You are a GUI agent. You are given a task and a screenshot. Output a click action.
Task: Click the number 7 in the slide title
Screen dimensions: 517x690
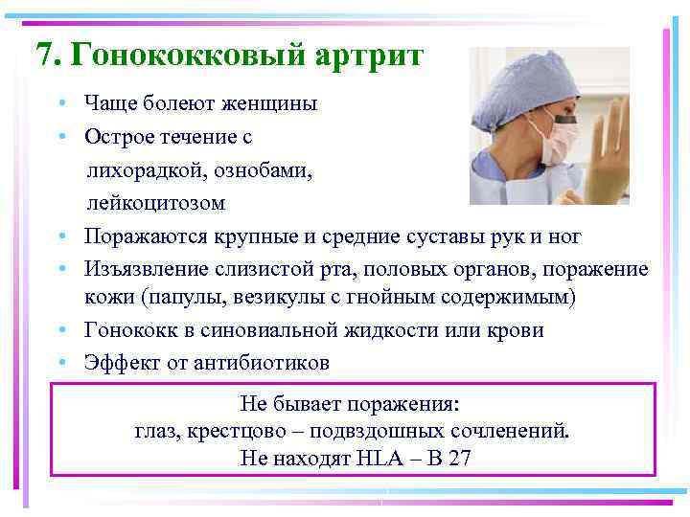(x=44, y=55)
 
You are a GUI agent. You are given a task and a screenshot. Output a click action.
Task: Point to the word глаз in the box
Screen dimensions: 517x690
(x=155, y=430)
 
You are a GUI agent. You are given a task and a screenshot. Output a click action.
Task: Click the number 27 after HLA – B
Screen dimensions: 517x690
(x=459, y=459)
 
